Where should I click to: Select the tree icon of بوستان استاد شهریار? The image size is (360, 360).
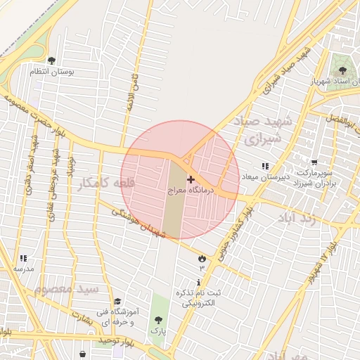342,70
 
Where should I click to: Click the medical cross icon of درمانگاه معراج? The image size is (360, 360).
191,180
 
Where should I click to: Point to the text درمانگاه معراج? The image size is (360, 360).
191,191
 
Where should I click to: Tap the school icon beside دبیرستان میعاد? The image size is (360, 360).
265,166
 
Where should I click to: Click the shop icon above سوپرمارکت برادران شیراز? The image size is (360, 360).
314,162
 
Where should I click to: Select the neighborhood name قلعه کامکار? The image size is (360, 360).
105,182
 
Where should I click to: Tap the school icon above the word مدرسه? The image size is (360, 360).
23,258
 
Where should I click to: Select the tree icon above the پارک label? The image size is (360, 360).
157,319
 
